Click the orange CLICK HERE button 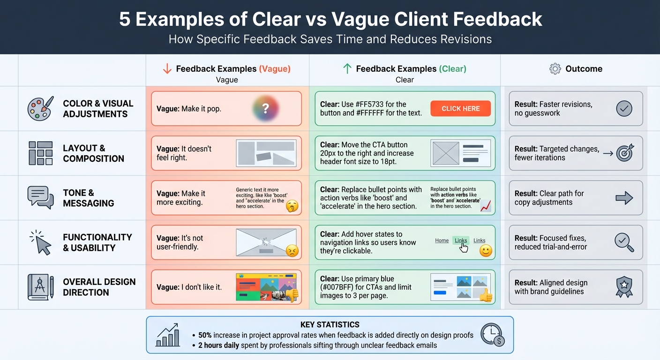point(460,109)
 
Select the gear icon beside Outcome point(555,69)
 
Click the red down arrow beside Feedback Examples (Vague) point(167,69)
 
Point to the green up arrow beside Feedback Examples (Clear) point(347,69)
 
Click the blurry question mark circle point(265,109)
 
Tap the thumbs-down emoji point(292,295)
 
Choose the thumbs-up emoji point(486,295)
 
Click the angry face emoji point(292,251)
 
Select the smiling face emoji point(486,251)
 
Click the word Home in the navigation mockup point(442,240)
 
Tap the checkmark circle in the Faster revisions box point(624,109)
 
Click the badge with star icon point(624,287)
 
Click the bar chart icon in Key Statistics point(168,335)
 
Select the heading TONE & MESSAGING point(89,198)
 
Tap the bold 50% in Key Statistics point(205,335)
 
